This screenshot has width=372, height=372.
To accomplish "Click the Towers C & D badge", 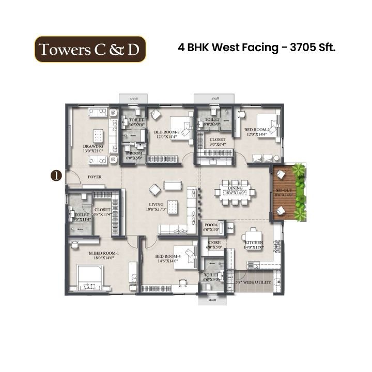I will pyautogui.click(x=90, y=49).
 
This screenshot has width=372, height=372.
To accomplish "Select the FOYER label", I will pyautogui.click(x=94, y=177).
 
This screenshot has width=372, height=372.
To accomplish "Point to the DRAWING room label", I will pyautogui.click(x=93, y=147).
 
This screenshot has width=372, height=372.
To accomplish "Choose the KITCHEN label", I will pyautogui.click(x=254, y=242).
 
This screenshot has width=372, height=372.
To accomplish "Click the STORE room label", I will pyautogui.click(x=213, y=242).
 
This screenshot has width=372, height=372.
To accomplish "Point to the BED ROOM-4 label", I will pyautogui.click(x=166, y=256).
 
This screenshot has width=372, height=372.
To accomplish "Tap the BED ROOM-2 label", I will pyautogui.click(x=168, y=133).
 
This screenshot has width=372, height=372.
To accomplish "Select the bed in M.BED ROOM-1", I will pyautogui.click(x=92, y=277).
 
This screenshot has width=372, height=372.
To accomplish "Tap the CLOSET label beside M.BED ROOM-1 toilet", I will pyautogui.click(x=102, y=210).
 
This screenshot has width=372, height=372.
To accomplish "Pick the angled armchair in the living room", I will pyautogui.click(x=154, y=189).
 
